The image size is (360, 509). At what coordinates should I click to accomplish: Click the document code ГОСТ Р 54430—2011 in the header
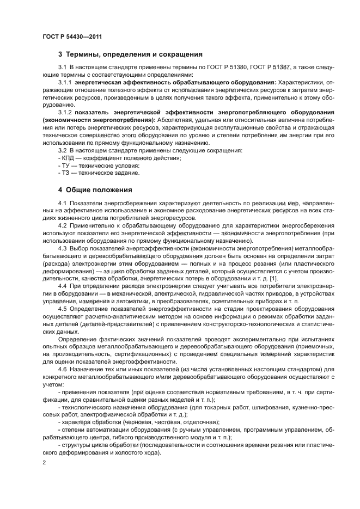(x=72, y=36)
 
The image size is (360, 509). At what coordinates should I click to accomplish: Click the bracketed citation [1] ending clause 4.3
(x=273, y=279)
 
